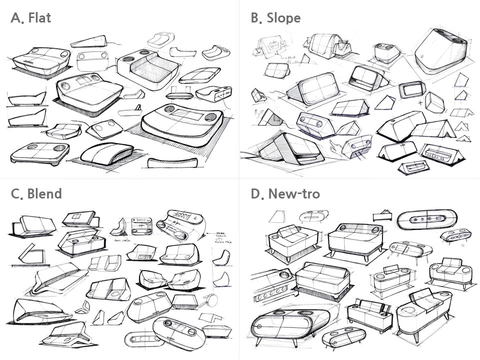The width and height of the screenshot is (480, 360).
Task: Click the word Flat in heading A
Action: tap(39, 19)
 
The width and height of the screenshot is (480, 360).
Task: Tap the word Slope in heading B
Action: tap(283, 19)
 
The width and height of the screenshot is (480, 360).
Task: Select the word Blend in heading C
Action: tap(45, 193)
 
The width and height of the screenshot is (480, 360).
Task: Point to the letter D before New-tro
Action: tap(255, 193)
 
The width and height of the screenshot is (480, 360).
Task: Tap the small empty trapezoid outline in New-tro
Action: tap(276, 216)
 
